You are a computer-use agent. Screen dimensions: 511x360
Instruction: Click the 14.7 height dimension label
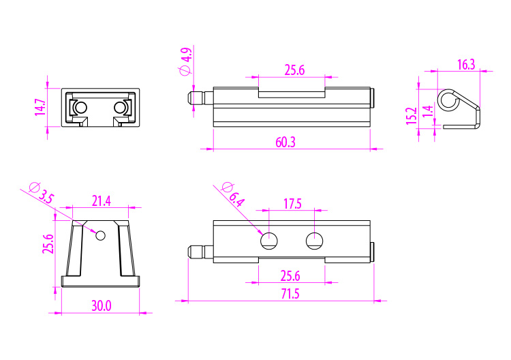[40, 107]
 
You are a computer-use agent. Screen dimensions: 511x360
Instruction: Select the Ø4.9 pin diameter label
[185, 61]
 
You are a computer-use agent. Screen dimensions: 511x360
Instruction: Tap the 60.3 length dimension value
[285, 142]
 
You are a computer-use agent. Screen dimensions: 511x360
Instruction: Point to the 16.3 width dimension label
[466, 65]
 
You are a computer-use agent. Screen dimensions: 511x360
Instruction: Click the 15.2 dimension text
[412, 116]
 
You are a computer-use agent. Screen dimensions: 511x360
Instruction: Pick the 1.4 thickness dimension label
[428, 111]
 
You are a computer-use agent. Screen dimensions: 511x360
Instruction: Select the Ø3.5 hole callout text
[42, 193]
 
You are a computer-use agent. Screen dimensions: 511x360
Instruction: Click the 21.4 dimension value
[101, 201]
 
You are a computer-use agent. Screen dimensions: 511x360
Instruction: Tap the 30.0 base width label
[101, 306]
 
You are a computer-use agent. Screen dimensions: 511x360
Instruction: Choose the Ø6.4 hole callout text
[233, 195]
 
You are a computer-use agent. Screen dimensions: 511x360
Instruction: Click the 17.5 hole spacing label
[292, 204]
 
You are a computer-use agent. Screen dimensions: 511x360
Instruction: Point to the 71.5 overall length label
[290, 294]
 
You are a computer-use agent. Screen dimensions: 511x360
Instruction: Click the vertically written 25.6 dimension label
[48, 244]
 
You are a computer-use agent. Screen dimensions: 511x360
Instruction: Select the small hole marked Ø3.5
[100, 235]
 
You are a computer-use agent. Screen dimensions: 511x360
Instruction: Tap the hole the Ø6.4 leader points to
[269, 241]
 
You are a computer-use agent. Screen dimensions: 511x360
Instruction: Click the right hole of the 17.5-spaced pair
[315, 241]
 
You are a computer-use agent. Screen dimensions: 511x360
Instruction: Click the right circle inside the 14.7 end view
[120, 107]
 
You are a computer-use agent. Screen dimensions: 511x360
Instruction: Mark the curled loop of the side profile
[448, 100]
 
